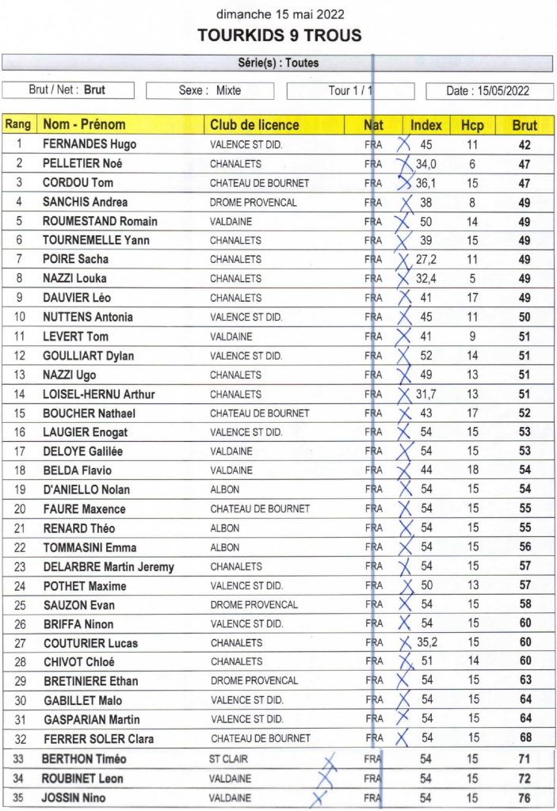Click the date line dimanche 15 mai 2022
coord(279,14)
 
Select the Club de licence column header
coord(254,125)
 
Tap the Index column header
coord(426,125)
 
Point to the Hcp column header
coord(472,125)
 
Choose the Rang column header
coord(18,125)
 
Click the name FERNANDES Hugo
coord(89,145)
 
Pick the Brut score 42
coord(525,145)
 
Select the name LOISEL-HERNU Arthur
coord(98,394)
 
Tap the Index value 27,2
coord(426,260)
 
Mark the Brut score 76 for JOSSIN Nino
coord(525,798)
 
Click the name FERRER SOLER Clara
coord(97,739)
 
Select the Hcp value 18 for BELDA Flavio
coord(473,471)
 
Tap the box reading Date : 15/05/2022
coord(488,91)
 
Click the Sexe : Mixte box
coord(210,91)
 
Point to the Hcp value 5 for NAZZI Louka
coord(473,279)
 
